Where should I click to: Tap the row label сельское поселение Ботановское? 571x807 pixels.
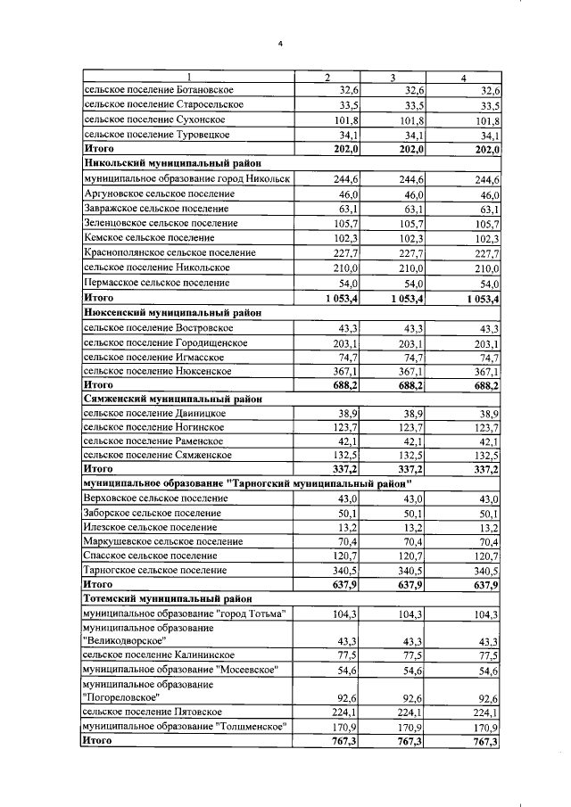(x=158, y=91)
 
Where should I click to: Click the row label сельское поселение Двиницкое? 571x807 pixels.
(x=153, y=414)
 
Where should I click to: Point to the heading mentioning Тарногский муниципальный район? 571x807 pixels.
(x=252, y=482)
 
